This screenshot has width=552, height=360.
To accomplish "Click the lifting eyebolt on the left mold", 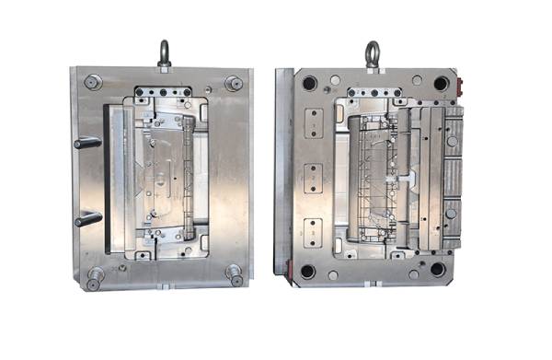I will point(164,52).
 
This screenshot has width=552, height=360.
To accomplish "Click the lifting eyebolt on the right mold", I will point(372,52).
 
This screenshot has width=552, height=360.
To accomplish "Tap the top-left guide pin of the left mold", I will point(92,82).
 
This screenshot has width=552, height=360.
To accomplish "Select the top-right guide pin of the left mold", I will point(234,83).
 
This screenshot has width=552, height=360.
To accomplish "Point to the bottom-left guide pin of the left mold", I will point(95,275).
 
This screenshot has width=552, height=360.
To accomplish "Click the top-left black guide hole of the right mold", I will point(308,84).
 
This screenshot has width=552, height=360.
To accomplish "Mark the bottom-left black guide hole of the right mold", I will point(307,272).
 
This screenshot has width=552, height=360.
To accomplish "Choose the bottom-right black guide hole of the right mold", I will point(438,270).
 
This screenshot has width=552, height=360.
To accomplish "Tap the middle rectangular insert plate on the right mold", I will point(314,174).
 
